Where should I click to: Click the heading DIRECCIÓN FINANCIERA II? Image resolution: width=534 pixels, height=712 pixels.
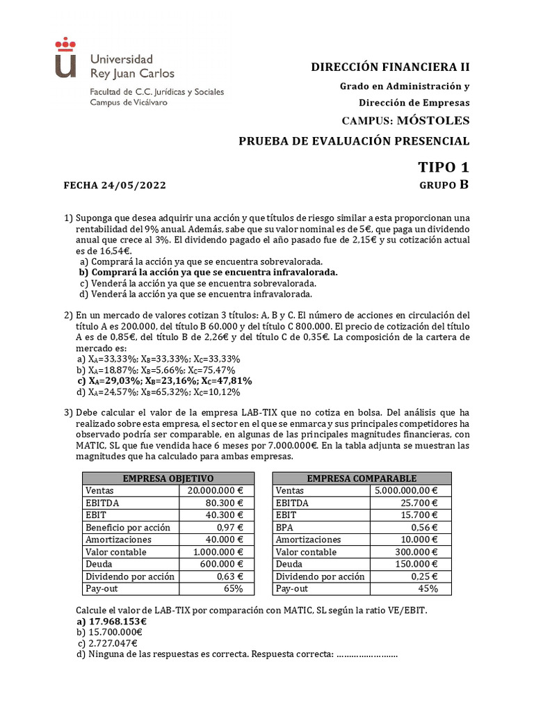(390, 67)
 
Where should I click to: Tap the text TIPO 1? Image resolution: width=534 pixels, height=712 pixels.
(443, 167)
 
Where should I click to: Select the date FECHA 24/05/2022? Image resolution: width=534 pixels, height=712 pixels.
(115, 186)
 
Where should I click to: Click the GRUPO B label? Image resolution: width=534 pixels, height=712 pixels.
(444, 185)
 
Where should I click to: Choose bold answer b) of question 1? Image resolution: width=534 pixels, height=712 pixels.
(209, 273)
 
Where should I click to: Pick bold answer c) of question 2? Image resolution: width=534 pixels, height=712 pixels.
(164, 381)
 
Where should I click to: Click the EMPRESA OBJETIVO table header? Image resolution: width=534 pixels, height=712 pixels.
(168, 478)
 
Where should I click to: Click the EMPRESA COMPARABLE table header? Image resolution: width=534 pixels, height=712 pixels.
(362, 478)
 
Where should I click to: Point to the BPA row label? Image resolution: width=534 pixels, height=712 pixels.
(286, 527)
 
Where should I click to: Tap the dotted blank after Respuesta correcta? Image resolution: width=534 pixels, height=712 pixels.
(366, 655)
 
